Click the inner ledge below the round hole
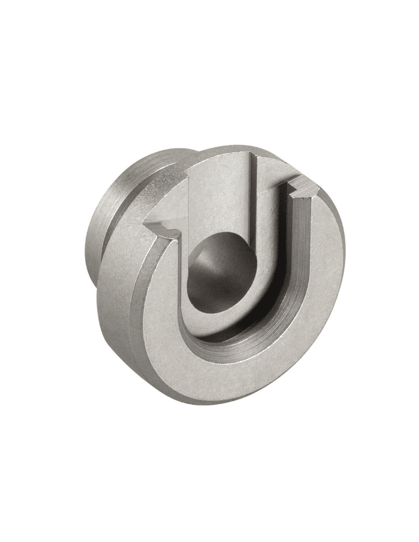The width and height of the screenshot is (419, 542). [x=217, y=320]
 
